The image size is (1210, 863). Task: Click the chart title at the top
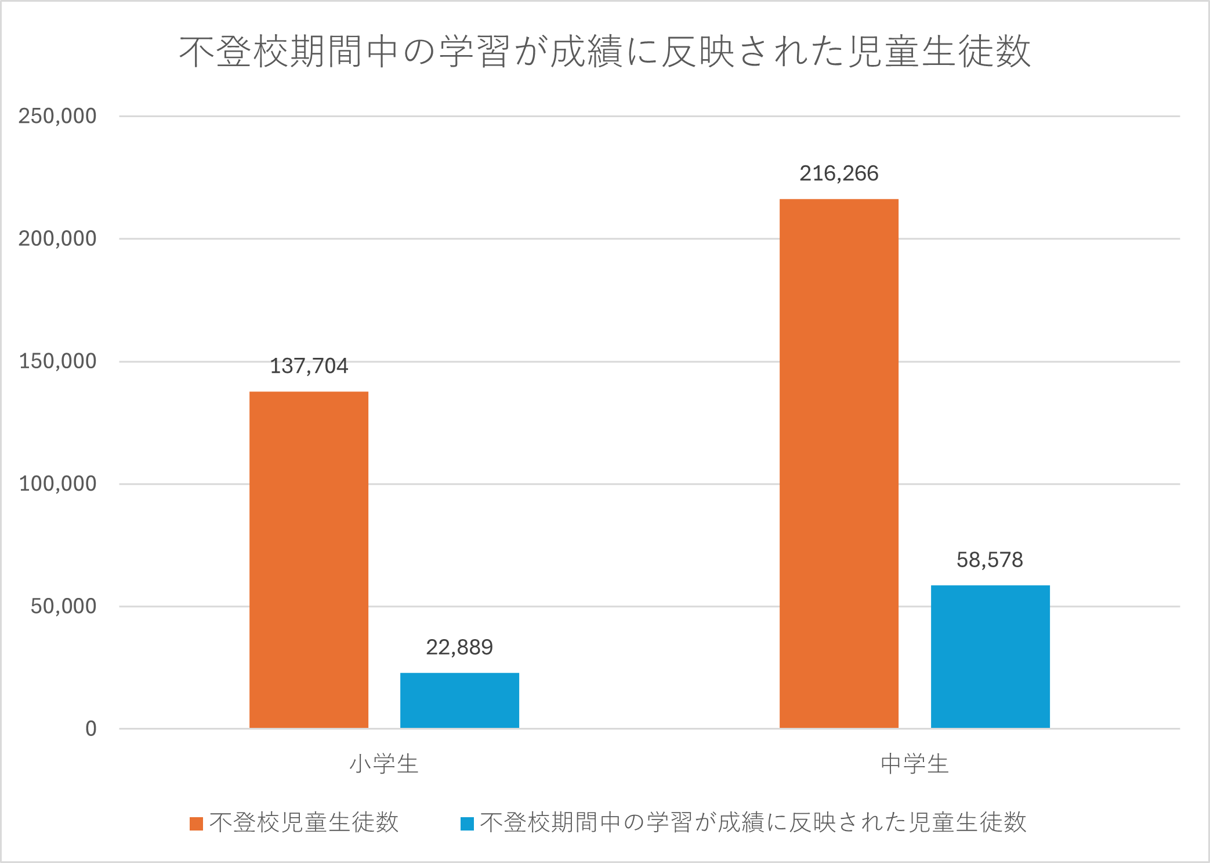tap(604, 52)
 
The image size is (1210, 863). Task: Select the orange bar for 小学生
tap(309, 560)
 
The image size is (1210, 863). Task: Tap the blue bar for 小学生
tap(459, 700)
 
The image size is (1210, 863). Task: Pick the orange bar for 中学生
tap(839, 463)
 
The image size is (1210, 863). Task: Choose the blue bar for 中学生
tap(990, 657)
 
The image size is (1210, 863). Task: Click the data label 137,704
tap(309, 366)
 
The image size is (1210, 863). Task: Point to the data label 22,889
tap(459, 647)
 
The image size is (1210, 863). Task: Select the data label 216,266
tap(839, 173)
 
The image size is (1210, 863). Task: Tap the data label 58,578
tap(990, 560)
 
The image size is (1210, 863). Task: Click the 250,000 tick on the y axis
tap(57, 116)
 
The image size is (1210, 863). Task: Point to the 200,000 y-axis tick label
tap(57, 238)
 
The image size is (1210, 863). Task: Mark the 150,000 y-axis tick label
tap(57, 361)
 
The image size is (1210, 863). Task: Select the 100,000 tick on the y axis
tap(57, 484)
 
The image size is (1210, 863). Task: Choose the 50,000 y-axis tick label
tap(63, 606)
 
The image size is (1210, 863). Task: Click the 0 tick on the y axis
tap(91, 728)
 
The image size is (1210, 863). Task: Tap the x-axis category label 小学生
tap(384, 764)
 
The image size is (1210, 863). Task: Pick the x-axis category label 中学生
tap(915, 764)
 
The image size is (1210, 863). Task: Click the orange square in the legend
tap(196, 824)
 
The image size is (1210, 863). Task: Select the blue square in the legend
tap(467, 824)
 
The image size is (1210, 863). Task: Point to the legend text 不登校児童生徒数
tap(304, 822)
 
